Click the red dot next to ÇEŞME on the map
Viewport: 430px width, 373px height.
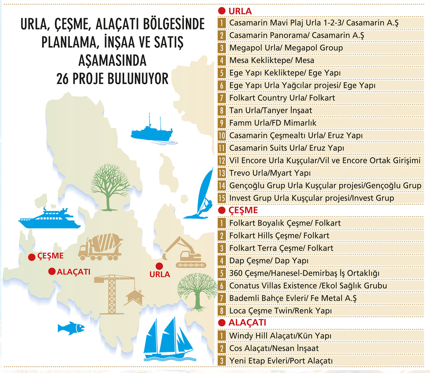coord(32,257)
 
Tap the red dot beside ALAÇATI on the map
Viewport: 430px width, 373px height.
coord(52,271)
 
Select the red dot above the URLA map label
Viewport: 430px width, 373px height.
coord(159,266)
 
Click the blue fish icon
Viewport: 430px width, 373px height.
coord(71,328)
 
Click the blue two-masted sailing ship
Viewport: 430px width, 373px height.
coord(168,341)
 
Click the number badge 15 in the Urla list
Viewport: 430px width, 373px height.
coord(222,198)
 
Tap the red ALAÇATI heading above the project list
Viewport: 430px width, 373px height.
coord(247,322)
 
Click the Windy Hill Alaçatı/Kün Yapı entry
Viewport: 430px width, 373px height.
coord(280,336)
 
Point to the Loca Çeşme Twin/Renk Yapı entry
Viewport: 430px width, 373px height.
coord(280,311)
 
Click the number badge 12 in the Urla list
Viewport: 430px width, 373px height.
coord(222,161)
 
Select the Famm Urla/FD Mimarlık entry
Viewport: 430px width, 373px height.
coord(273,123)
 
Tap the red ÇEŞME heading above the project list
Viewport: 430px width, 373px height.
coord(243,210)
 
